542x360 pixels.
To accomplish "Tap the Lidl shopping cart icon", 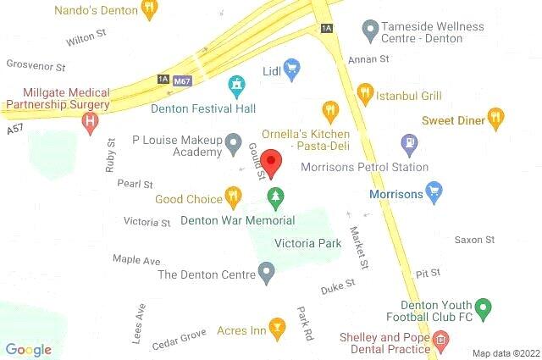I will (x=292, y=70).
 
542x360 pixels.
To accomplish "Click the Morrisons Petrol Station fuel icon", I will (x=409, y=143).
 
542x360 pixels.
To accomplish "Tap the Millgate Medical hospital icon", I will (x=89, y=123).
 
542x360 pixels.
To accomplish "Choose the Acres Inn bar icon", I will (x=276, y=328).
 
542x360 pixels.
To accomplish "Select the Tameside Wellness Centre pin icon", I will (x=369, y=31).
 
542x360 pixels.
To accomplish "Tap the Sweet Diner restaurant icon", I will (x=496, y=119).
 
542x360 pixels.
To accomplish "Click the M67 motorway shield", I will (x=181, y=80).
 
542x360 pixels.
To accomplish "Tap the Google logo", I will (x=29, y=349).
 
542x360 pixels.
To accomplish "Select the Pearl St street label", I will (x=135, y=184).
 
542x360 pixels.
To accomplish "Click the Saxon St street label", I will (x=473, y=241).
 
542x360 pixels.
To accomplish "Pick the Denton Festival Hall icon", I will (x=236, y=85).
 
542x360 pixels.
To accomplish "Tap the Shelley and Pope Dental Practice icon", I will (x=440, y=343).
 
